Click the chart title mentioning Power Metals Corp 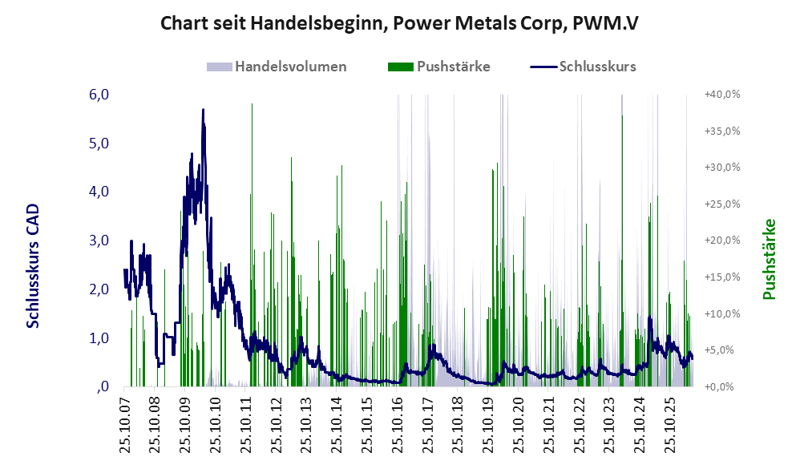[399, 23]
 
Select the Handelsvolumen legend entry [277, 67]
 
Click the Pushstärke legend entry [438, 67]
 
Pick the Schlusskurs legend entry [583, 67]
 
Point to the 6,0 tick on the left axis [99, 95]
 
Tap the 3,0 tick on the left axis [99, 241]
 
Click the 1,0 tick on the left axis [99, 338]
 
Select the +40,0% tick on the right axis [722, 95]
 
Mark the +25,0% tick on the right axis [722, 204]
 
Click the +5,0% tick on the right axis [722, 350]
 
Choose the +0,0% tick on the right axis [722, 386]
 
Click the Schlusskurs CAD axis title [33, 266]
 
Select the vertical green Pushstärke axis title [769, 259]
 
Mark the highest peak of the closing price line [203, 110]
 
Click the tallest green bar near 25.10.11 [252, 245]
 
